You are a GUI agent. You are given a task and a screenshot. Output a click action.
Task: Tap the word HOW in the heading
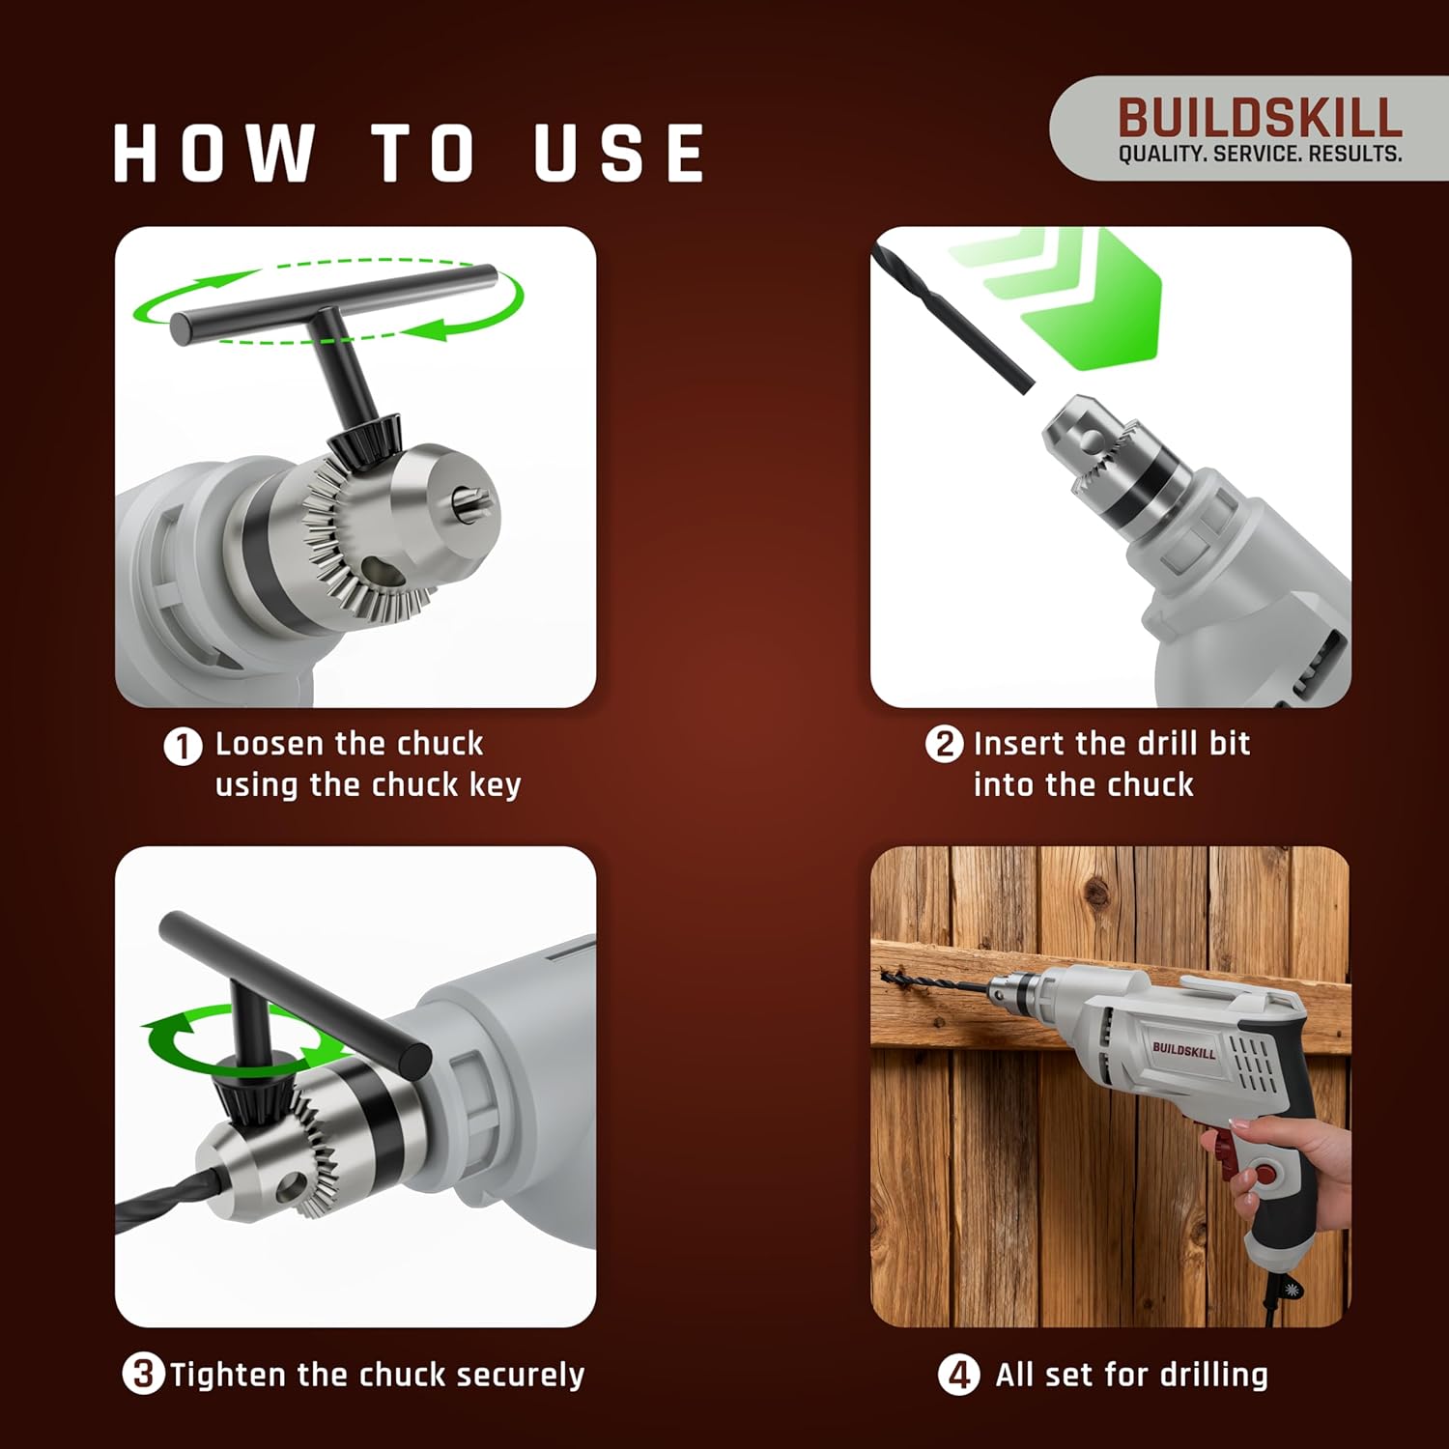(214, 153)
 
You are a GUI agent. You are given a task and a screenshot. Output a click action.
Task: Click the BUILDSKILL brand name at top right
(1259, 118)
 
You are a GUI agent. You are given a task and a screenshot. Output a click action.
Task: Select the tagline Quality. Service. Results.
(1260, 154)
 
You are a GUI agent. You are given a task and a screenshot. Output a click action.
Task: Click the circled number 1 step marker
(183, 746)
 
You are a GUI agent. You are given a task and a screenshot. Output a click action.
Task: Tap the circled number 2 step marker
(944, 744)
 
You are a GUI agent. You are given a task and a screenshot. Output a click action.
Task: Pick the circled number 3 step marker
(143, 1374)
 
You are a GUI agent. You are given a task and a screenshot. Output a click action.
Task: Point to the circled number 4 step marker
(957, 1374)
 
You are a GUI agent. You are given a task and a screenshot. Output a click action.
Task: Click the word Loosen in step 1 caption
(269, 744)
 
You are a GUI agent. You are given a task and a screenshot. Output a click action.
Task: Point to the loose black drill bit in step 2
(952, 317)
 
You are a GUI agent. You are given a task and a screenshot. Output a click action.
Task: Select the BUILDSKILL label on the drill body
(1182, 1049)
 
